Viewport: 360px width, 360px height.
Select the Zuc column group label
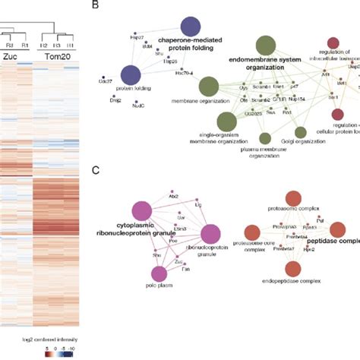point(14,55)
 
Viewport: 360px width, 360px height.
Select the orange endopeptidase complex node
point(292,267)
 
